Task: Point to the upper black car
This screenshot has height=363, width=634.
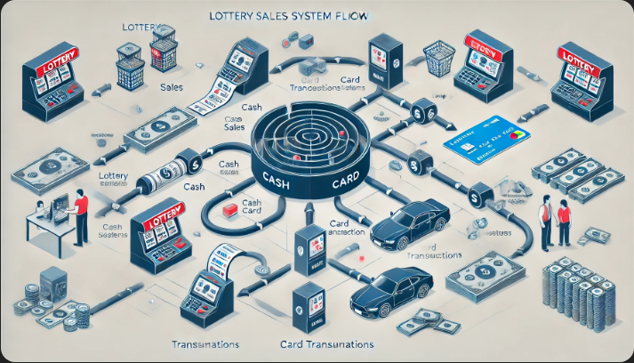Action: [x=410, y=227]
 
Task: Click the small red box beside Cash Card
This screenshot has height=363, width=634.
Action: [x=230, y=209]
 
